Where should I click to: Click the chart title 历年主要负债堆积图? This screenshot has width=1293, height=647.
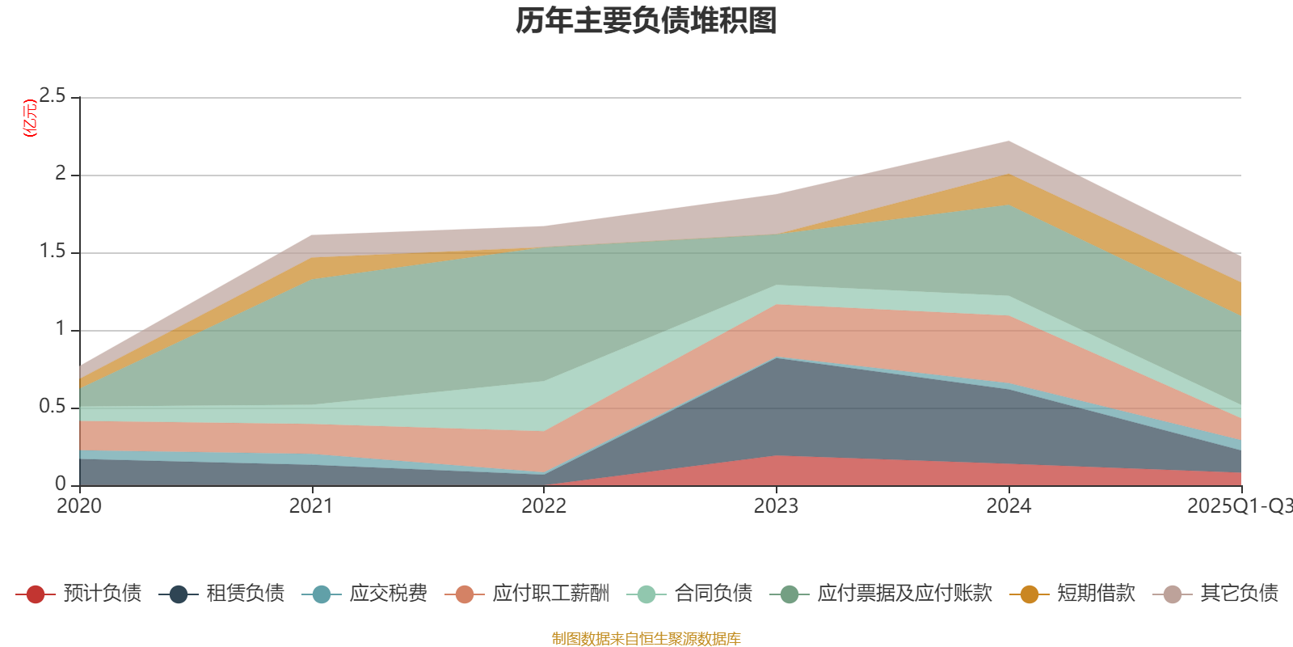click(x=646, y=21)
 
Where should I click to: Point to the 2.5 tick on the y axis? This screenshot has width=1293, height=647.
click(x=53, y=96)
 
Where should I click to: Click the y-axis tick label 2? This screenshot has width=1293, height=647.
click(x=60, y=173)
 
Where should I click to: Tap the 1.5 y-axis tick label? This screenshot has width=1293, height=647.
click(x=53, y=251)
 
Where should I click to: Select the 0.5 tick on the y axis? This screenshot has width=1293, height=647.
click(x=53, y=406)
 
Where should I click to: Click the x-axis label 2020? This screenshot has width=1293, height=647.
click(x=79, y=506)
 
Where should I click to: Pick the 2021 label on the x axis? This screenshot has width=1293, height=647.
click(x=311, y=506)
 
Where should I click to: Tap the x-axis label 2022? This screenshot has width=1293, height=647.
click(x=543, y=506)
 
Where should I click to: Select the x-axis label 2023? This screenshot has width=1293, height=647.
click(x=776, y=506)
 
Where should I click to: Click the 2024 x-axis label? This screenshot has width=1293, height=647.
click(x=1008, y=506)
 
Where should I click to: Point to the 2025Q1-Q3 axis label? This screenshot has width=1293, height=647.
click(x=1238, y=506)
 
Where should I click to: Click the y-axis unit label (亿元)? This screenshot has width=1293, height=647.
click(x=31, y=118)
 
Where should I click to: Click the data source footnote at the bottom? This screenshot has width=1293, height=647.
click(x=646, y=639)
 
